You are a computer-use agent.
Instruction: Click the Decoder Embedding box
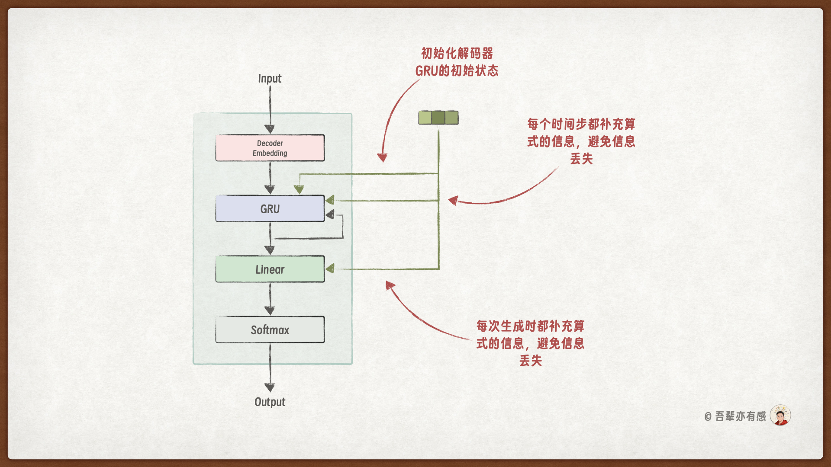click(x=270, y=148)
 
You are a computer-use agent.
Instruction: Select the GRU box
click(x=270, y=208)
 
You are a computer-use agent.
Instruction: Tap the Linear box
click(x=270, y=269)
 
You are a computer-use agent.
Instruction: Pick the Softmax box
click(x=270, y=329)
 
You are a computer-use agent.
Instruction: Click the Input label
click(x=270, y=78)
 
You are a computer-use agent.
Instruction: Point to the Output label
click(x=270, y=402)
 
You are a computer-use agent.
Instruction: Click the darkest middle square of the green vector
click(x=438, y=118)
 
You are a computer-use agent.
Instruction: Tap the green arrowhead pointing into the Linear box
click(x=330, y=269)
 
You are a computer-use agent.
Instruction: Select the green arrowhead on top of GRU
click(x=299, y=189)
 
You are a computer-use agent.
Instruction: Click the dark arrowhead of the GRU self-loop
click(x=330, y=214)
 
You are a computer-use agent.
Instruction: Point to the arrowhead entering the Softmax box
click(x=270, y=310)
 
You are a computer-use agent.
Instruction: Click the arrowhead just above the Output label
click(x=270, y=387)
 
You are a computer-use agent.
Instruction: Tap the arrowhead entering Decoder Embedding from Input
click(x=270, y=129)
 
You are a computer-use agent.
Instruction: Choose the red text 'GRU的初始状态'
click(x=457, y=70)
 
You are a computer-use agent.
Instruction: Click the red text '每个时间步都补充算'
click(x=581, y=124)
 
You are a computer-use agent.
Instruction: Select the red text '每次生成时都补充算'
click(x=530, y=326)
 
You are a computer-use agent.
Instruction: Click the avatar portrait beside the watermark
click(x=780, y=416)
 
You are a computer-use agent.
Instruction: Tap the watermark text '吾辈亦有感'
click(x=741, y=416)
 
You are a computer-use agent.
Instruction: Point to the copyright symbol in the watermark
click(x=708, y=417)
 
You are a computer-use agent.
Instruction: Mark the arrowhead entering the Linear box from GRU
click(x=270, y=250)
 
